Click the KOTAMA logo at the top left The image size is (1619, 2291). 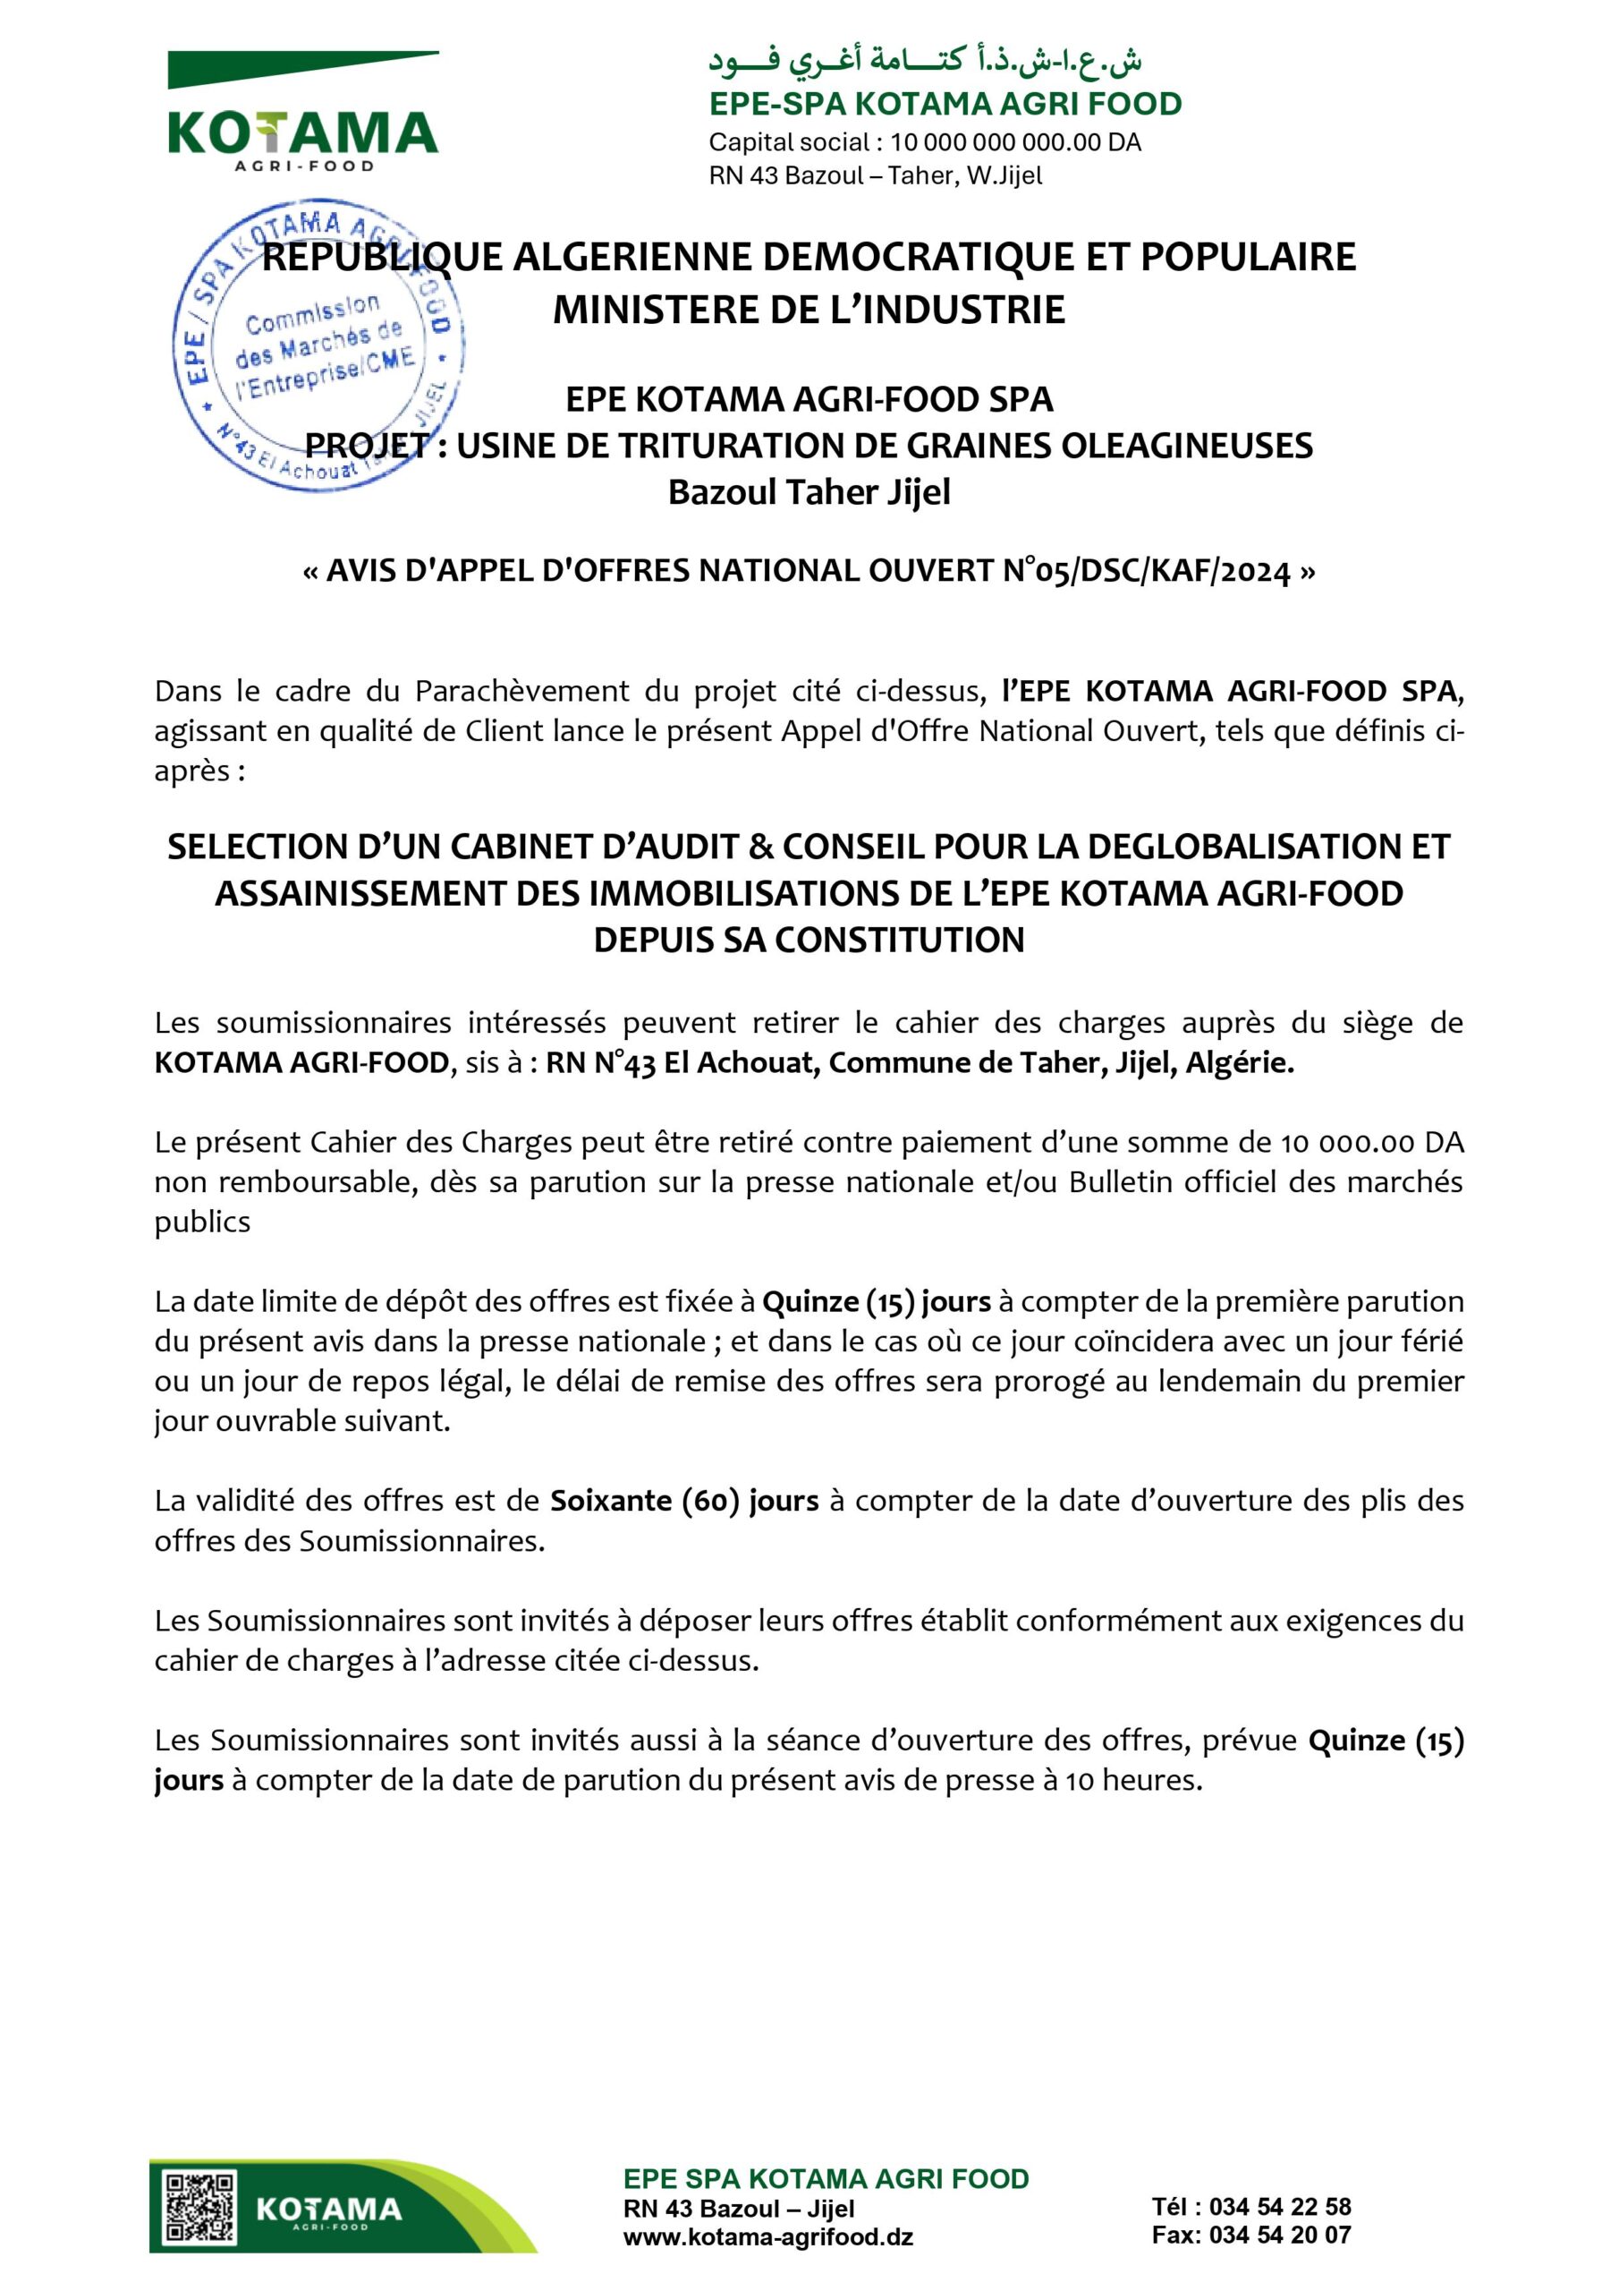click(302, 115)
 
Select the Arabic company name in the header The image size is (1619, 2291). click(925, 61)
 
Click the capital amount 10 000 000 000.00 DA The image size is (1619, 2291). click(1015, 141)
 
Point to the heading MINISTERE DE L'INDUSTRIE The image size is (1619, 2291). click(809, 310)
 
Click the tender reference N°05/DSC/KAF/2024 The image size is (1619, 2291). click(1146, 571)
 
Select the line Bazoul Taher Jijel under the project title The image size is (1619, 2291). click(809, 492)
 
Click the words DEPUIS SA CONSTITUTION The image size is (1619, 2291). click(809, 940)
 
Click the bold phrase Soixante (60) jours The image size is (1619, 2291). click(684, 1501)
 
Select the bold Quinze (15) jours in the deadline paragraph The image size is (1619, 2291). click(876, 1301)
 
